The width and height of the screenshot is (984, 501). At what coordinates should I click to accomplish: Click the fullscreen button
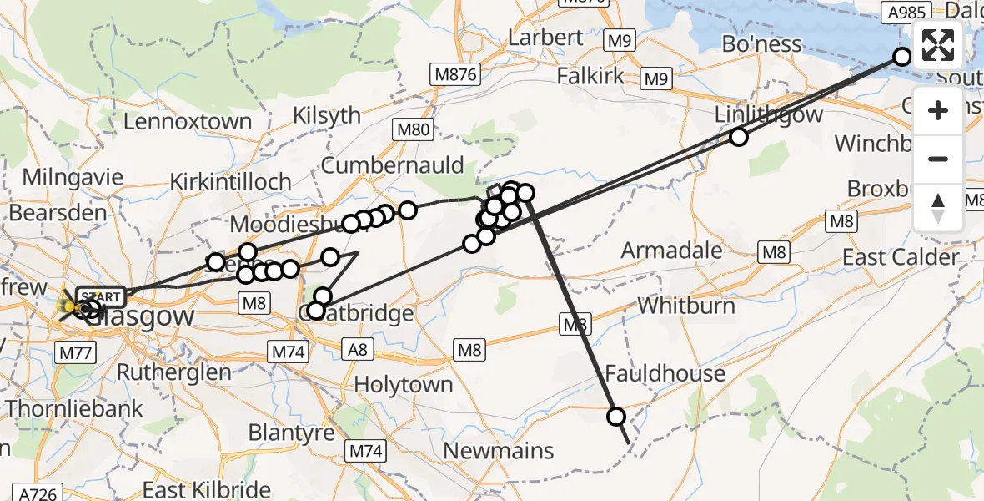click(x=938, y=45)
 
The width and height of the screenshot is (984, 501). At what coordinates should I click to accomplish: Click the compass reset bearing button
click(x=938, y=208)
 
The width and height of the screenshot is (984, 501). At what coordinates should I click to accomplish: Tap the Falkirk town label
click(x=590, y=76)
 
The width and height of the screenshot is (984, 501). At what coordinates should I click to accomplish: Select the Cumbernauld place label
click(x=392, y=165)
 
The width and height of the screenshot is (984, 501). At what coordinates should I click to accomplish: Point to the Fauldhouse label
click(x=665, y=373)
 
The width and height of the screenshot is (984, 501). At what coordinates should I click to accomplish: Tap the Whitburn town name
click(x=686, y=306)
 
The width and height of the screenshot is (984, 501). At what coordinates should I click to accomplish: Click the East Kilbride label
click(x=207, y=490)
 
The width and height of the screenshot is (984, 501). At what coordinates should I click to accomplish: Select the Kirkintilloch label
click(x=230, y=181)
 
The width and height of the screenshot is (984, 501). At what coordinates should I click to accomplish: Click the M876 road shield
click(x=456, y=74)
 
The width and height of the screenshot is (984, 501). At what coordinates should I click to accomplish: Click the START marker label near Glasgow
click(x=101, y=296)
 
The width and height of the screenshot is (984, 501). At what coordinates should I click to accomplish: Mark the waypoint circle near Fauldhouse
click(x=616, y=416)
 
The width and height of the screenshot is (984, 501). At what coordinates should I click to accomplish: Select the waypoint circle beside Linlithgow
click(x=739, y=137)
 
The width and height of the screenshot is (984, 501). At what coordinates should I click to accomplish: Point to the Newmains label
click(x=499, y=451)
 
